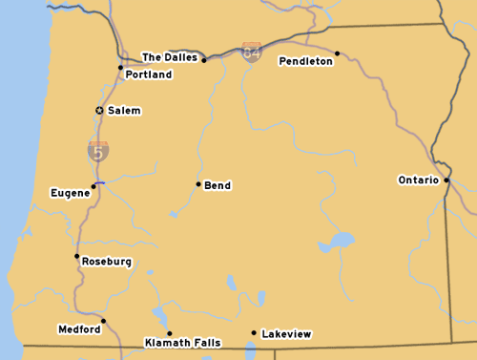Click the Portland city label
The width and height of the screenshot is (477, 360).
(149, 74)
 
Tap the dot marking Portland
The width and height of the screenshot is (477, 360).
(120, 67)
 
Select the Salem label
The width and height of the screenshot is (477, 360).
(124, 111)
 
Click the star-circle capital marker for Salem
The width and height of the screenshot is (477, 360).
(99, 111)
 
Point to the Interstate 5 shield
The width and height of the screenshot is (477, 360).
(98, 150)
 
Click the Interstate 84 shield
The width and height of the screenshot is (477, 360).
(252, 53)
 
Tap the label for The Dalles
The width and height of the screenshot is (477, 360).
(170, 57)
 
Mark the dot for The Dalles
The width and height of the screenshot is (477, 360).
(204, 60)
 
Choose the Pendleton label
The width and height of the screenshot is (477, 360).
(305, 61)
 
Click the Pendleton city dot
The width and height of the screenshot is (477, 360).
(338, 53)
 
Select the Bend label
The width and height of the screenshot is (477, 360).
(218, 185)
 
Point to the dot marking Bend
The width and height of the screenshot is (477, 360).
(198, 184)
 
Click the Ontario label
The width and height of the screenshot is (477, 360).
(418, 180)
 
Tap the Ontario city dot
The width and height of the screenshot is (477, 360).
(446, 179)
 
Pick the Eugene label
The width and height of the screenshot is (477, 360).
(70, 193)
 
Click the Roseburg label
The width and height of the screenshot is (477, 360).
(107, 262)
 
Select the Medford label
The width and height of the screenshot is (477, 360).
(78, 329)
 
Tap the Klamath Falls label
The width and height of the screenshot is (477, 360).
(182, 342)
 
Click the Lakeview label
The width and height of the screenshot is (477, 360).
(286, 334)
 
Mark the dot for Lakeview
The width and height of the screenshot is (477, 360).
(254, 333)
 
